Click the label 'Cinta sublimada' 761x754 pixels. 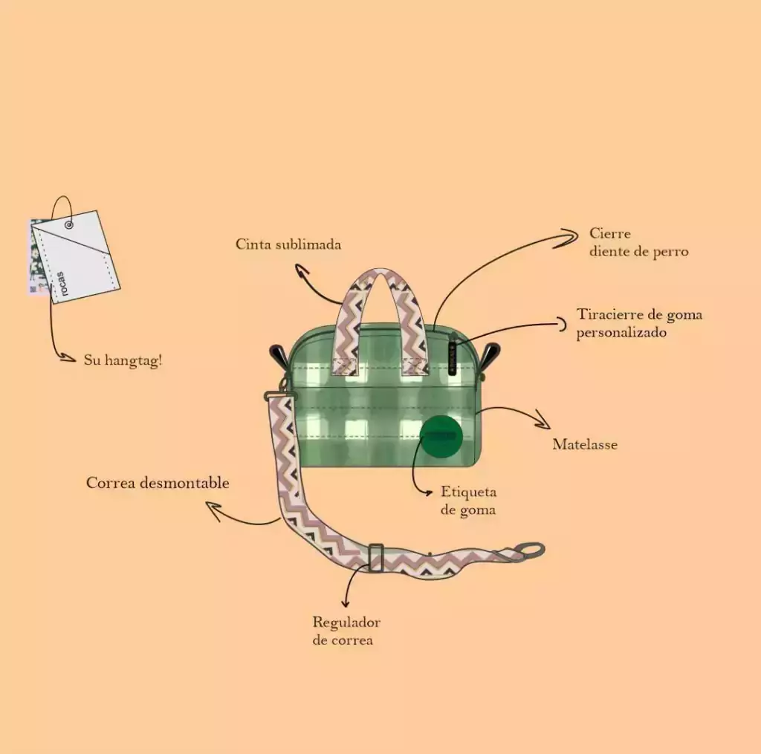pos(288,244)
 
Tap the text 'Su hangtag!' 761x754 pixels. pos(123,360)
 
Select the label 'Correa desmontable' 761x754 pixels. pos(158,483)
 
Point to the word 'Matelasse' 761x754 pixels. pos(585,444)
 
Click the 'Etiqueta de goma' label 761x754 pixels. pos(468,501)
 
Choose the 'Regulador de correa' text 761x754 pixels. pos(346,631)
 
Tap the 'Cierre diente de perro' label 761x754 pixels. pos(638,242)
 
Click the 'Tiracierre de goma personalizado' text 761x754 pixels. pos(639,323)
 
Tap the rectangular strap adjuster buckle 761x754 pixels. pos(375,558)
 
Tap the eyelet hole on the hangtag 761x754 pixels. pos(69,225)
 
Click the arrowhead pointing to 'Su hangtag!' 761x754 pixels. pos(68,358)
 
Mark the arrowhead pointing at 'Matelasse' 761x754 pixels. pos(543,420)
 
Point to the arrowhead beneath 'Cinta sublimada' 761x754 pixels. pos(302,270)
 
